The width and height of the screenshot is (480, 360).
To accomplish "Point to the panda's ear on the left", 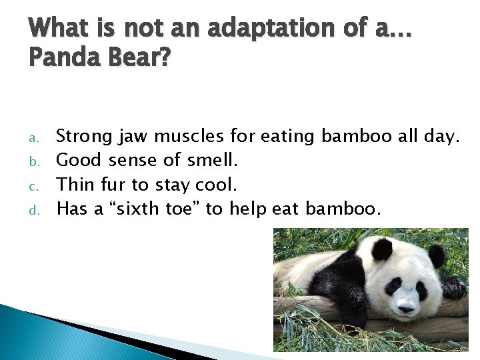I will (x=382, y=250).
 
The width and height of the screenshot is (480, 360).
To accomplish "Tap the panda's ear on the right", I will (x=437, y=255).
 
